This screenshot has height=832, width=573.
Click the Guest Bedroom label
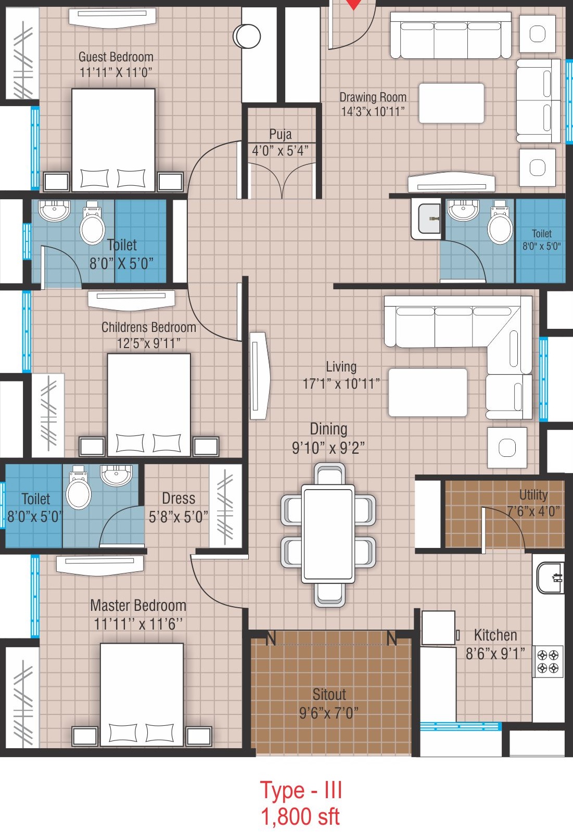coord(116,57)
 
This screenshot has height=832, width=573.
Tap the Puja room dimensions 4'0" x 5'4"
coord(280,151)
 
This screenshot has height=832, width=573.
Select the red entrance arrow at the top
coord(354,4)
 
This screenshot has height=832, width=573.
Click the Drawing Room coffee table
coord(451,103)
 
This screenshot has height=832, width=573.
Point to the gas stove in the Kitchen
coord(548,661)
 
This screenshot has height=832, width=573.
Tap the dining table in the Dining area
coord(328,534)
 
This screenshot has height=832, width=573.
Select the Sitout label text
coord(329,694)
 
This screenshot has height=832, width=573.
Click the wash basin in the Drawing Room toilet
coord(463,210)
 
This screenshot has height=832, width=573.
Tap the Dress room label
coord(179,498)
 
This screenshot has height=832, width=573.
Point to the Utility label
coord(533,494)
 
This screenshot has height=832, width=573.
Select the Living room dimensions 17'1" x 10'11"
coord(341,384)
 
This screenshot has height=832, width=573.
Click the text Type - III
coord(301,790)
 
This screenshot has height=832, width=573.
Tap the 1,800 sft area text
coord(300,816)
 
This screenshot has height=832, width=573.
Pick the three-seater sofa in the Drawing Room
coord(451,36)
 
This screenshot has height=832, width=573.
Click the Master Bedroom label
coord(138,605)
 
